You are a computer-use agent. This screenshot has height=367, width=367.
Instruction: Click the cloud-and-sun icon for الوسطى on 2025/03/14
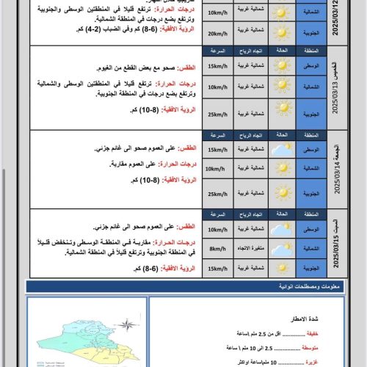pyautogui.click(x=281, y=150)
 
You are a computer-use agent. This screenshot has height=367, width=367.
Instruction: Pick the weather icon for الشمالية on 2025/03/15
pyautogui.click(x=281, y=249)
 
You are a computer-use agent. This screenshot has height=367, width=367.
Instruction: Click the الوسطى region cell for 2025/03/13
pyautogui.click(x=311, y=66)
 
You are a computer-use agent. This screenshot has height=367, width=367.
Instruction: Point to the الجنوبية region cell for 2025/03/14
pyautogui.click(x=311, y=192)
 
